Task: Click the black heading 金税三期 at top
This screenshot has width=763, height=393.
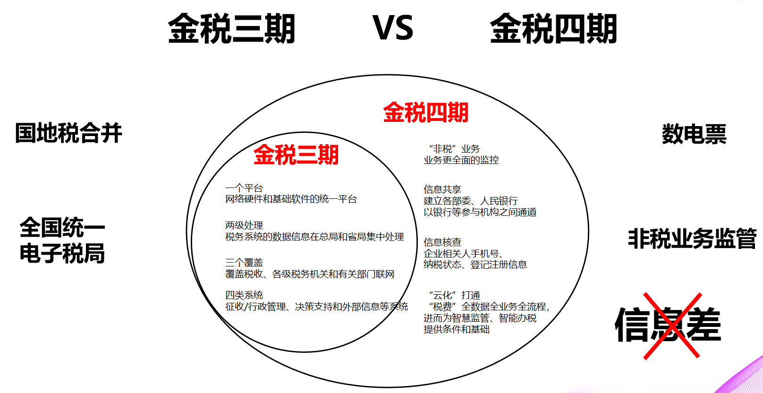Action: click(x=231, y=29)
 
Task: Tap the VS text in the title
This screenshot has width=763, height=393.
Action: click(x=393, y=28)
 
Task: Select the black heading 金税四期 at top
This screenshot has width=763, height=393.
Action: click(x=553, y=29)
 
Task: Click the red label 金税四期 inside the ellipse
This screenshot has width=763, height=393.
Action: click(x=425, y=112)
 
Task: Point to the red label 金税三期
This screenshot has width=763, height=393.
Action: click(x=296, y=155)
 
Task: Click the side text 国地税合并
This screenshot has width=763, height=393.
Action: click(x=68, y=133)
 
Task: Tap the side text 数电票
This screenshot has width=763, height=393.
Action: click(x=694, y=134)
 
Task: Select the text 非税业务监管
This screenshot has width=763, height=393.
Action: click(x=692, y=239)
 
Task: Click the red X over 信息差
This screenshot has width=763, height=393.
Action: click(x=671, y=325)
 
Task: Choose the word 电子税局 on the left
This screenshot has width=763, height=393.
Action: click(x=62, y=254)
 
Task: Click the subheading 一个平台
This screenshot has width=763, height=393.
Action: click(x=244, y=188)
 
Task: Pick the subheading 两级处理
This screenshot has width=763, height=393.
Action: click(x=244, y=225)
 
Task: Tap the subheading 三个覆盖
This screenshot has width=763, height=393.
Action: click(x=244, y=263)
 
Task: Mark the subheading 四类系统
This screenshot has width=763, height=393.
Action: click(x=244, y=295)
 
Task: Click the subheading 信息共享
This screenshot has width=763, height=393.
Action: click(x=442, y=189)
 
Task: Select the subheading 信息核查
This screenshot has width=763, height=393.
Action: click(x=442, y=242)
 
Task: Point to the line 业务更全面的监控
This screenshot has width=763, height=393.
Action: click(x=461, y=160)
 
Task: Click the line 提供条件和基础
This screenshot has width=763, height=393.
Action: click(x=456, y=329)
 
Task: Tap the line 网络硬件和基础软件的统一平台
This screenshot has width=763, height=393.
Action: click(x=291, y=199)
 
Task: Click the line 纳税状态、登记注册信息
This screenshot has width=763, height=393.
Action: click(x=475, y=265)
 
